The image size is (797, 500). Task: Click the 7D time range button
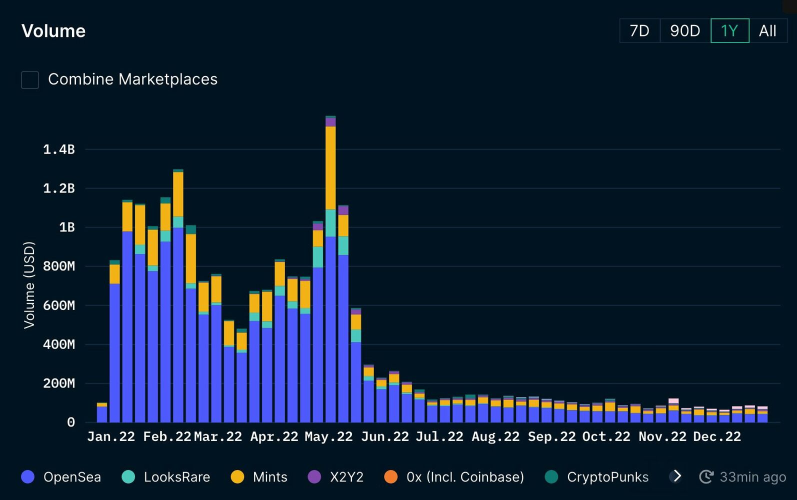(x=639, y=31)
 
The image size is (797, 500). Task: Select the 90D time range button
(x=685, y=31)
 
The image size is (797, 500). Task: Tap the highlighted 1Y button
(x=729, y=31)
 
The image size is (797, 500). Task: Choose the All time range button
(x=767, y=31)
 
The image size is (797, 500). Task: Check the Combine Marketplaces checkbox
(x=30, y=79)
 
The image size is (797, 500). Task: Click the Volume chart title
(x=53, y=31)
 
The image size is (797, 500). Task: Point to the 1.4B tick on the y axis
(x=59, y=149)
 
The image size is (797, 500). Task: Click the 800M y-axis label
(x=59, y=266)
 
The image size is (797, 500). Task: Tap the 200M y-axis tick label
(x=59, y=383)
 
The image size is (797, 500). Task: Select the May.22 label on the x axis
(x=328, y=437)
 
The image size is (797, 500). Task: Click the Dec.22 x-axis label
(x=716, y=437)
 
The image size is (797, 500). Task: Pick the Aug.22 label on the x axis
(x=495, y=437)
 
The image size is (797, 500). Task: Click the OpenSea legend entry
(x=61, y=477)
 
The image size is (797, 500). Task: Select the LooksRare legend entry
(x=166, y=477)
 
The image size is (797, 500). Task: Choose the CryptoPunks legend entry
(x=596, y=477)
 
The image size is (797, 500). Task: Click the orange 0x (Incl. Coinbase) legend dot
(x=391, y=477)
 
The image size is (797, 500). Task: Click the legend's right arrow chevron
(x=677, y=476)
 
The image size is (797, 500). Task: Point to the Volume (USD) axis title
(x=29, y=285)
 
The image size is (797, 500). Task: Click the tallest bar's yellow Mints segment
(x=330, y=167)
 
